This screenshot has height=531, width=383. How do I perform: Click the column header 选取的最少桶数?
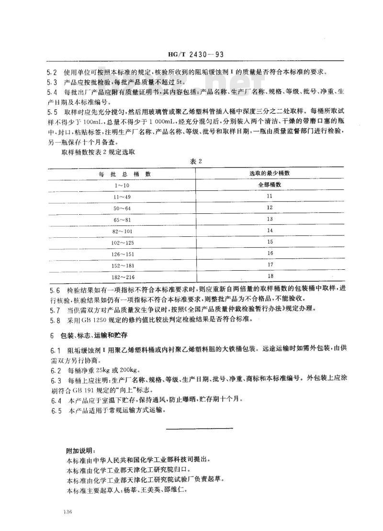point(270,173)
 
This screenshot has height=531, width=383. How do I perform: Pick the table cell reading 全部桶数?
point(270,184)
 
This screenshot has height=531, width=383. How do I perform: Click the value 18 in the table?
point(270,276)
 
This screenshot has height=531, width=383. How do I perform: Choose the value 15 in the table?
point(270,242)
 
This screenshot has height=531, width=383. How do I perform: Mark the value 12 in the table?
point(270,207)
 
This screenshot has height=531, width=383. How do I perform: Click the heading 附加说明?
point(80,450)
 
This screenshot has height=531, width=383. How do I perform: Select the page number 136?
point(67,512)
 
